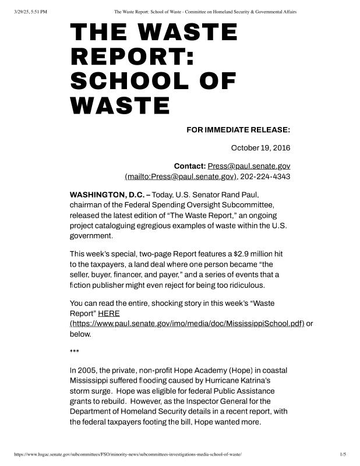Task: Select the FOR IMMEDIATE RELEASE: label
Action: (238, 129)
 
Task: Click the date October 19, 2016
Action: (260, 148)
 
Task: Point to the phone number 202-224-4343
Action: (265, 176)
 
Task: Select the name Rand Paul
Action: (239, 194)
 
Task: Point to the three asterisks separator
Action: (75, 351)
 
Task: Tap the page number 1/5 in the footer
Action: (343, 454)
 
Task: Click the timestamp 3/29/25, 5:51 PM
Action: (30, 12)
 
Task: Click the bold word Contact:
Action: (189, 166)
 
